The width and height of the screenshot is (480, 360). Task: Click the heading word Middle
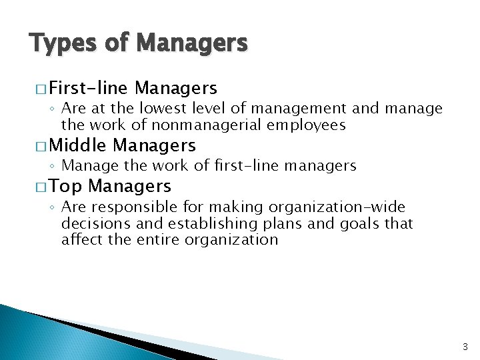[77, 145]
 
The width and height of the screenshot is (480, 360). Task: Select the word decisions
[93, 224]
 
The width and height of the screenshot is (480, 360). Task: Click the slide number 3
[465, 347]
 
